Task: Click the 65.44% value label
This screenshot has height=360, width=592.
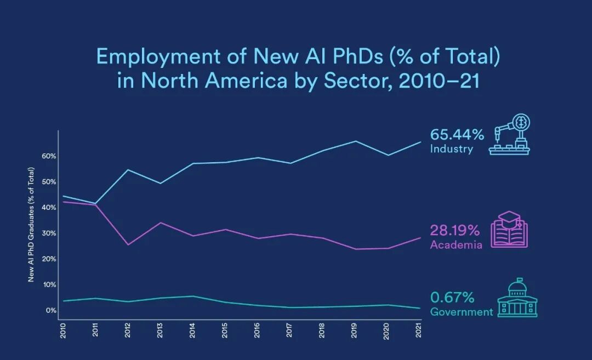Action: point(457,134)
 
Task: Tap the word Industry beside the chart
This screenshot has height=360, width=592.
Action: point(452,148)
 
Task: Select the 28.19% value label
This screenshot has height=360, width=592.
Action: point(455,230)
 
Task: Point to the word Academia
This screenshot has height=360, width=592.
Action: point(456,245)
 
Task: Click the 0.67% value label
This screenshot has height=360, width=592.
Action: point(452,298)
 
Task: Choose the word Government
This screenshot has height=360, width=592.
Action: point(462,312)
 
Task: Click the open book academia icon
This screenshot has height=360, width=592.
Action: point(509,230)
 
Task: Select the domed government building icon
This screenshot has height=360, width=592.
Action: point(517,298)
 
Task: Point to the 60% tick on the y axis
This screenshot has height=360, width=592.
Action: point(49,156)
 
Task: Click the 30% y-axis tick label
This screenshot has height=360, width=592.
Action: point(49,233)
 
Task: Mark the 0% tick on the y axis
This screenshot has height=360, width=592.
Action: point(51,311)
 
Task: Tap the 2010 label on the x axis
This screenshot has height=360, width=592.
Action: point(63,330)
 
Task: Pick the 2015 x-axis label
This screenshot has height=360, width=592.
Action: point(225,330)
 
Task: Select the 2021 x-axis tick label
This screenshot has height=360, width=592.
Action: point(418,330)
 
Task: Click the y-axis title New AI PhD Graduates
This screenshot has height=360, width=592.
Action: point(31,225)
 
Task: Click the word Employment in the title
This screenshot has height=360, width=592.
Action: point(158,56)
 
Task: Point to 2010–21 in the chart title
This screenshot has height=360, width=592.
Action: point(434,81)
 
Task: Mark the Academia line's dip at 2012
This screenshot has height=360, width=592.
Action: point(128,245)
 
